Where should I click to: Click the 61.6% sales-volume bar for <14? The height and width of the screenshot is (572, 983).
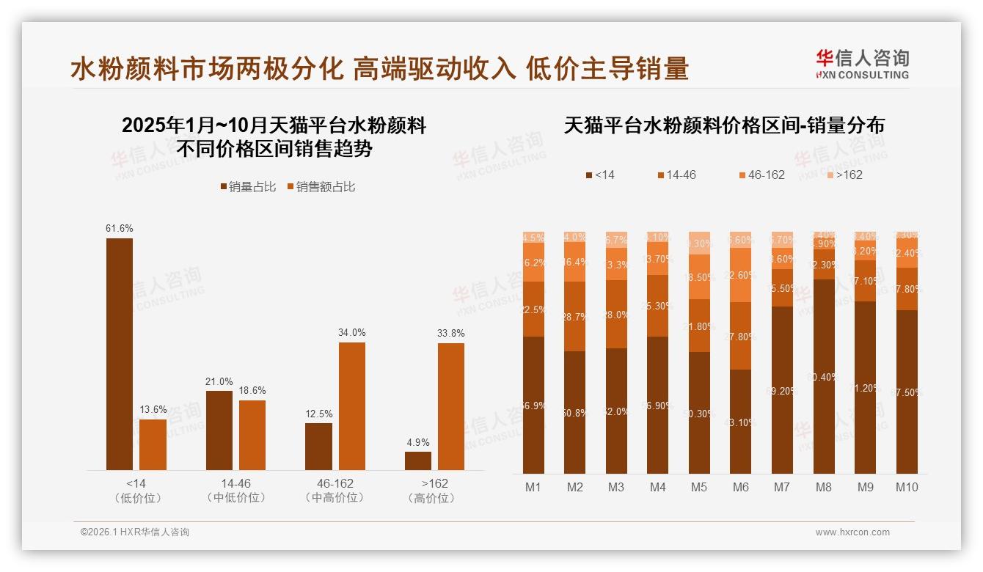click(x=120, y=353)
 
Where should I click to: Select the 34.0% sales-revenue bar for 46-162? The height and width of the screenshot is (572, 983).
click(x=351, y=406)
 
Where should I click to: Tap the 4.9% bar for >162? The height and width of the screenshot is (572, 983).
click(x=418, y=461)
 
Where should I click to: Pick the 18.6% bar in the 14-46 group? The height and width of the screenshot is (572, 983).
click(x=252, y=435)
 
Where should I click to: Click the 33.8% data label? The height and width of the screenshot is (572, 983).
click(x=451, y=333)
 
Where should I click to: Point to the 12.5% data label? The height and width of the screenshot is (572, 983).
click(x=318, y=414)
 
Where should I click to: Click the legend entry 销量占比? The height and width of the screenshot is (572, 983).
click(x=248, y=187)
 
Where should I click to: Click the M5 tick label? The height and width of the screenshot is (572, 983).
click(x=698, y=487)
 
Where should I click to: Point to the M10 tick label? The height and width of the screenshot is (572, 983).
click(x=907, y=487)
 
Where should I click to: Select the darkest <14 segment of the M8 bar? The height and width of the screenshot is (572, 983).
click(x=825, y=376)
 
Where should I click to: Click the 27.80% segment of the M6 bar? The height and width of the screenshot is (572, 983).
click(x=742, y=336)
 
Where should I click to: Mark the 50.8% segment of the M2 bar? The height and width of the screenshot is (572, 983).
click(x=575, y=412)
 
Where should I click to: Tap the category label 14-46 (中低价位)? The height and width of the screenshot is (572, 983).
click(x=235, y=491)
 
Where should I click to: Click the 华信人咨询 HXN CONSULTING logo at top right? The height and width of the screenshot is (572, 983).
click(x=862, y=64)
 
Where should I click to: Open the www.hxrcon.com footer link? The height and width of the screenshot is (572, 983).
click(x=852, y=532)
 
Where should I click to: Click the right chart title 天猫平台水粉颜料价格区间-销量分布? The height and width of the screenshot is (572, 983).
click(x=724, y=125)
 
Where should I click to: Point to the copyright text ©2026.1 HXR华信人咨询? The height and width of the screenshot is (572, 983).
click(x=134, y=532)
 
